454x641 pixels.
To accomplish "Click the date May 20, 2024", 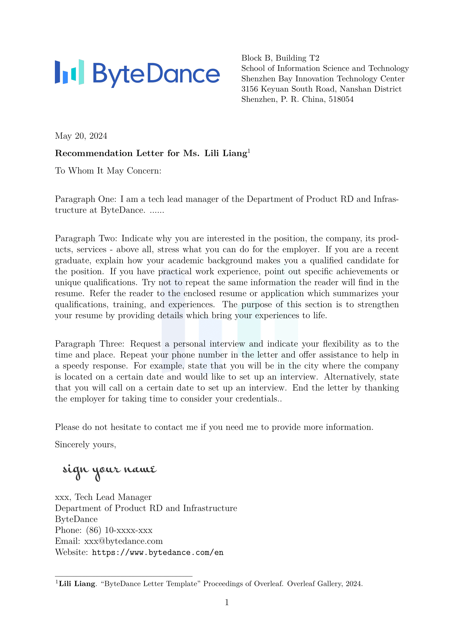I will (x=81, y=136).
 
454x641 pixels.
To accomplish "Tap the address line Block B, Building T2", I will (x=280, y=58).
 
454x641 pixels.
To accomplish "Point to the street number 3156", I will (x=249, y=89).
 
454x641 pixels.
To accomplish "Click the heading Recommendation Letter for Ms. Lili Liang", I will (x=151, y=153).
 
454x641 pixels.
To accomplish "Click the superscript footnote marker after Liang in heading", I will (x=249, y=151).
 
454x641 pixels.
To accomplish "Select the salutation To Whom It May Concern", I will (x=108, y=170).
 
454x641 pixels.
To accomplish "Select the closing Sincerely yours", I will (x=86, y=445).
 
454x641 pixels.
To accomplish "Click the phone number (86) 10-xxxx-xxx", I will (x=119, y=530).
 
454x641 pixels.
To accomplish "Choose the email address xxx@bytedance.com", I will (x=123, y=541).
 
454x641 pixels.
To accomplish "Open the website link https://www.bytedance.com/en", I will (x=158, y=552).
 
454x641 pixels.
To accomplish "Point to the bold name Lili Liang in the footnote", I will (x=77, y=584).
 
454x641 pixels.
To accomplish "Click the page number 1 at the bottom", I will (x=227, y=602).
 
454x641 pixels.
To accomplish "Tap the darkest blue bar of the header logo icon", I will (x=57, y=72).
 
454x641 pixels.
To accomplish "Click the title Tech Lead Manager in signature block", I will (x=113, y=497).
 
